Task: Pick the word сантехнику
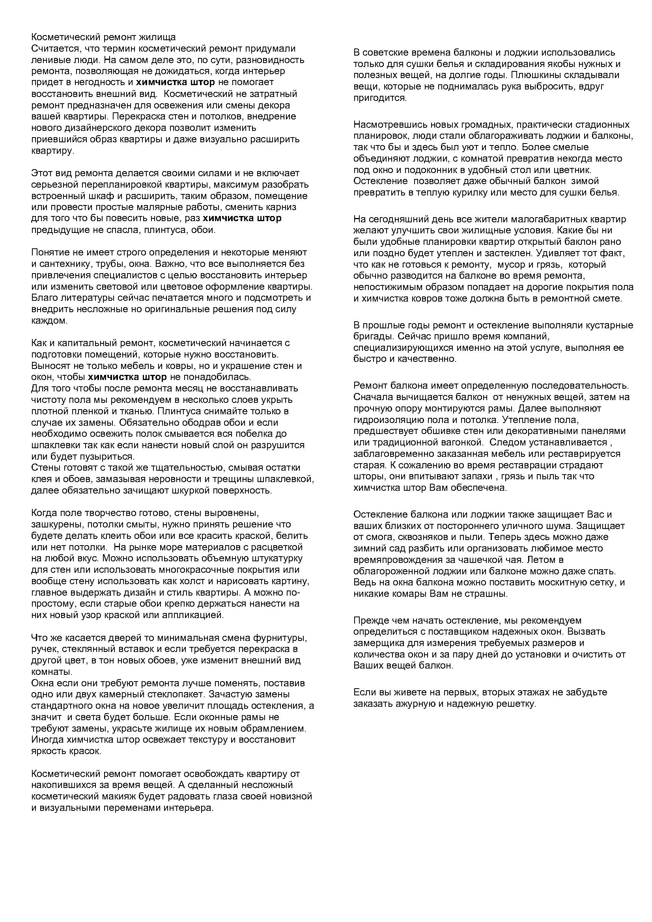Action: (x=61, y=264)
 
